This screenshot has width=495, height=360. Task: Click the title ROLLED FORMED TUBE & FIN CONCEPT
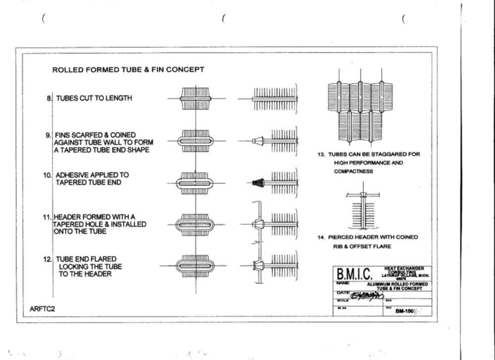[x=128, y=70]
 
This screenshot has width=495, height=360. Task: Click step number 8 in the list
[x=49, y=98]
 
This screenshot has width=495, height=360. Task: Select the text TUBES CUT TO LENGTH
[x=94, y=98]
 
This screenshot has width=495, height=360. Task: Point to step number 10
[x=48, y=175]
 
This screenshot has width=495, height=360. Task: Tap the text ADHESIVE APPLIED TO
[x=92, y=175]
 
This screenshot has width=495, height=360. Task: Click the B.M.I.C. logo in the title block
[x=354, y=274]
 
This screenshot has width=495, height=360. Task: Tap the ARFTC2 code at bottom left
[x=42, y=309]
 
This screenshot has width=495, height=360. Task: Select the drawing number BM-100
[x=404, y=311]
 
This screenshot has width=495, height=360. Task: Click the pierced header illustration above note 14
[x=363, y=207]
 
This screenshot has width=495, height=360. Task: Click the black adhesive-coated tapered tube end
[x=257, y=183]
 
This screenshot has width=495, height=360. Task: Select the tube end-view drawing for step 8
[x=196, y=98]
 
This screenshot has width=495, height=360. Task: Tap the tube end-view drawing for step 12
[x=196, y=266]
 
